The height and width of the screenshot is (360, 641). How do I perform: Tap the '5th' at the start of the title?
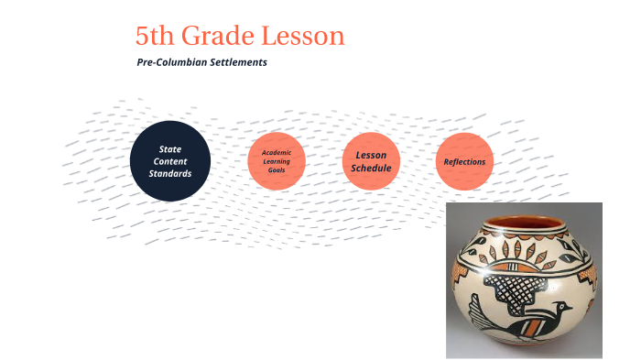click(156, 37)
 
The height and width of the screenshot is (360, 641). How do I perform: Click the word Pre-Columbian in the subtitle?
click(169, 63)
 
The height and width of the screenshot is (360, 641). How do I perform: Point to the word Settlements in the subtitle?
click(236, 63)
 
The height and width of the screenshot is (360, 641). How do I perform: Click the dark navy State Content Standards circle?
click(170, 160)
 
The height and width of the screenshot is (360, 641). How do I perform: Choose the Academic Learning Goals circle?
click(276, 161)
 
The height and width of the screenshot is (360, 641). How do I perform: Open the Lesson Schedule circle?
click(371, 161)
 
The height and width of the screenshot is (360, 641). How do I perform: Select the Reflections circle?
click(464, 162)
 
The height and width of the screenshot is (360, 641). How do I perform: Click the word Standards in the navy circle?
click(170, 173)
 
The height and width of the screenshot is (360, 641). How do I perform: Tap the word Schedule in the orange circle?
click(371, 169)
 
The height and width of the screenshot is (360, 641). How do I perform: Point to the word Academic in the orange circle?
click(276, 152)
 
